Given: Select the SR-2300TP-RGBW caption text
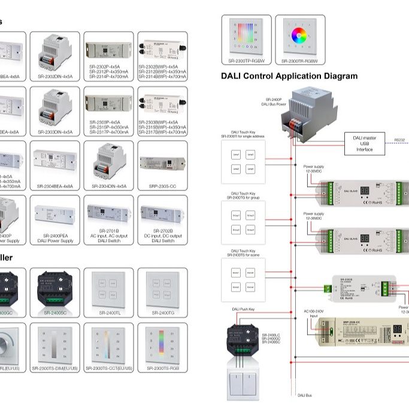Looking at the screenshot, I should click(246, 60).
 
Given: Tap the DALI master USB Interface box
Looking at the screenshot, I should click(364, 143).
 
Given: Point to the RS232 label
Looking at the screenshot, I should click(399, 140).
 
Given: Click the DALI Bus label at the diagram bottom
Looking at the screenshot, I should click(305, 395).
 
